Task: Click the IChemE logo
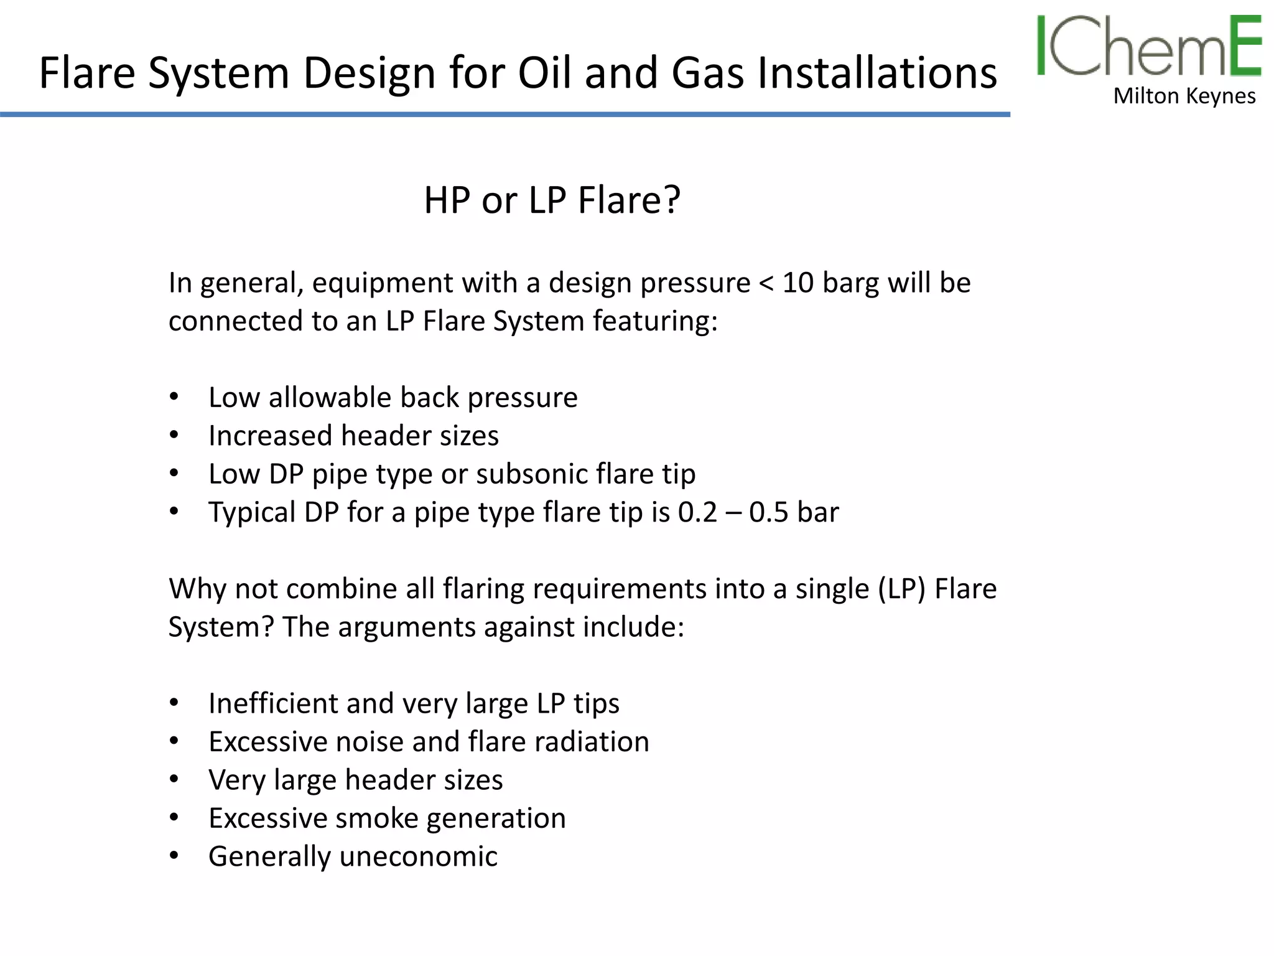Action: [x=1148, y=47]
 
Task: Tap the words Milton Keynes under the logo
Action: [x=1184, y=96]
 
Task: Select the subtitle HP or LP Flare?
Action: [x=552, y=200]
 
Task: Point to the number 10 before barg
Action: [x=797, y=283]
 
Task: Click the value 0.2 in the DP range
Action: [x=697, y=513]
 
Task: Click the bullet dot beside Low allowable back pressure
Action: [x=174, y=397]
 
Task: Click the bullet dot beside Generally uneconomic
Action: [x=174, y=856]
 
